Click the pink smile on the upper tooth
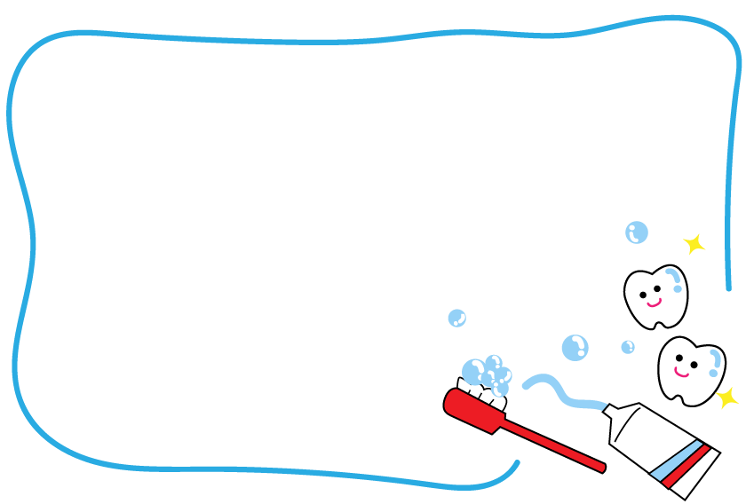(654, 302)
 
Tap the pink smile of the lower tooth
(681, 372)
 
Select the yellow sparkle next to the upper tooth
(694, 243)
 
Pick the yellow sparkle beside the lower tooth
(727, 397)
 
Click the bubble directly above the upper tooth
(637, 232)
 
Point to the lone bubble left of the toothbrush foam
(456, 318)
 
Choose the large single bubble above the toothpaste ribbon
(575, 347)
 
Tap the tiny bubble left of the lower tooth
(628, 347)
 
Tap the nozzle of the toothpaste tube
(612, 412)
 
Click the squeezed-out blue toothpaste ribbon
(559, 391)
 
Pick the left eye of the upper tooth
(644, 289)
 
